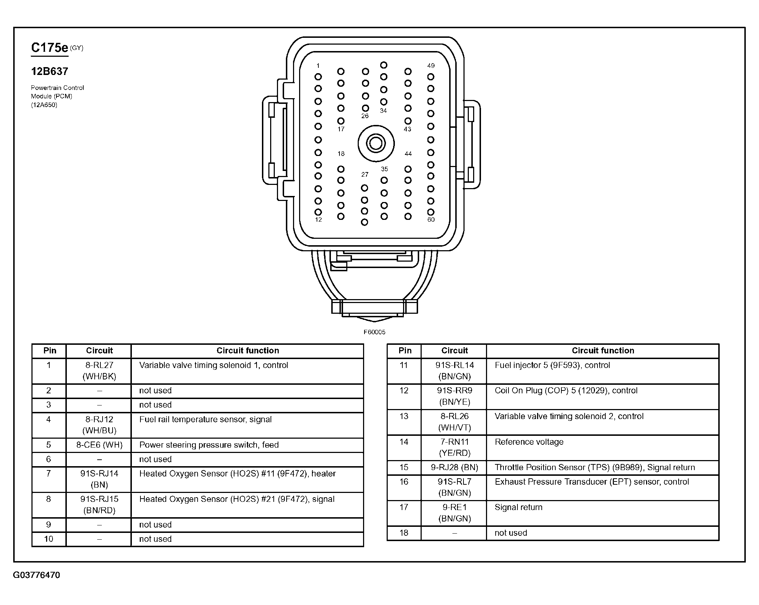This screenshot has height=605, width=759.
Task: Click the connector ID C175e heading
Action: pyautogui.click(x=50, y=48)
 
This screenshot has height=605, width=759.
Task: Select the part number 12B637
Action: pyautogui.click(x=50, y=71)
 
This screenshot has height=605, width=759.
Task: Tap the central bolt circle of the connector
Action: pyautogui.click(x=376, y=143)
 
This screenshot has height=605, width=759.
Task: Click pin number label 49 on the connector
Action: pyautogui.click(x=431, y=66)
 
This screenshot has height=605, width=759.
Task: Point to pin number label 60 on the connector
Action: pyautogui.click(x=431, y=220)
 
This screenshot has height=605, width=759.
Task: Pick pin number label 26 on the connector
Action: pyautogui.click(x=365, y=116)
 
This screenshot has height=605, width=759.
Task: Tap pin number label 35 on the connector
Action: pyautogui.click(x=384, y=169)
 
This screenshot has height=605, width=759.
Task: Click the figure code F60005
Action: pyautogui.click(x=374, y=332)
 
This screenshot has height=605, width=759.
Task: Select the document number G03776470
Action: pyautogui.click(x=36, y=575)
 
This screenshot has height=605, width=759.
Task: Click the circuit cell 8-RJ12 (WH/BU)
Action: pyautogui.click(x=99, y=425)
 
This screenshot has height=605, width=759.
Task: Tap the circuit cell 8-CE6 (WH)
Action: pyautogui.click(x=99, y=445)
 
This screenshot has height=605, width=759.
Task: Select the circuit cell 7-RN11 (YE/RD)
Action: pyautogui.click(x=455, y=447)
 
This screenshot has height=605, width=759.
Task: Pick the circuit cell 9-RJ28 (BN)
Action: pyautogui.click(x=455, y=467)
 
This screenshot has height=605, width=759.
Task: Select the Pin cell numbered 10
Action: pyautogui.click(x=49, y=539)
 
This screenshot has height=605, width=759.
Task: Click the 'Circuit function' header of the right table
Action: pyautogui.click(x=603, y=351)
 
